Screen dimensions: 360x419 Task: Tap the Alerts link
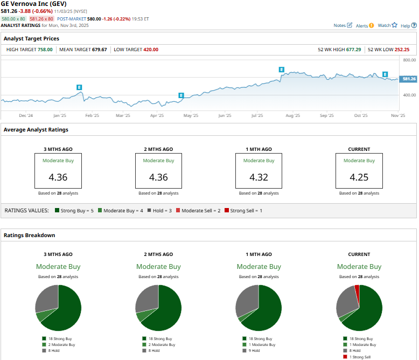point(364,25)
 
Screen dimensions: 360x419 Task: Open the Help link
point(408,25)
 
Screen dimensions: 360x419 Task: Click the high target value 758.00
point(45,50)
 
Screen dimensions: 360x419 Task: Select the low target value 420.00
point(150,50)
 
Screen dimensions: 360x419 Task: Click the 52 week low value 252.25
point(402,50)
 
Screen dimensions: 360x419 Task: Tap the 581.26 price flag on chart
point(408,79)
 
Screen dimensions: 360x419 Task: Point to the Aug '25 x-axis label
point(292,115)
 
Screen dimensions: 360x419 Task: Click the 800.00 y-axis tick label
point(409,60)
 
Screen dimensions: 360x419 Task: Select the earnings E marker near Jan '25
point(79,87)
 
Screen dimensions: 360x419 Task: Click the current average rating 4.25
point(359,177)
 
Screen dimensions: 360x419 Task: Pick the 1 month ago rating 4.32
point(259,177)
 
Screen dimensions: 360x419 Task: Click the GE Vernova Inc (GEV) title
point(34,4)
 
